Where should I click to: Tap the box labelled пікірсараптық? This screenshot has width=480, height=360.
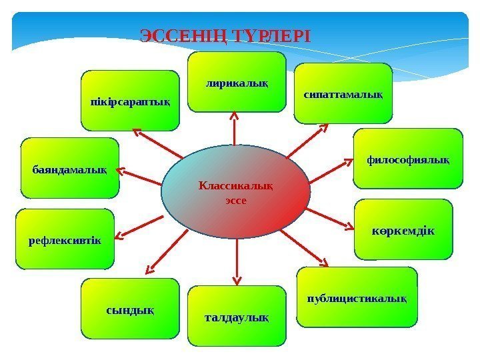(130, 100)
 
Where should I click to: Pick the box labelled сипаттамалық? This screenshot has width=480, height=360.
(343, 94)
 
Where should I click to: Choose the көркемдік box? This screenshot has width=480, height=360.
(403, 229)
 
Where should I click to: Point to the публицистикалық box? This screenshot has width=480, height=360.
(357, 297)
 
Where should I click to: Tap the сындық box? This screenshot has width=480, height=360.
(130, 308)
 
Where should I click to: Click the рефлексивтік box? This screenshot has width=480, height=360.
(65, 239)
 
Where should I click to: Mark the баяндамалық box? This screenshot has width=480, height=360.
(70, 168)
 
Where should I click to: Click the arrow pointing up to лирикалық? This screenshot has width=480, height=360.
(235, 127)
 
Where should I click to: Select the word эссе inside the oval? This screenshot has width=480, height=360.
(236, 199)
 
